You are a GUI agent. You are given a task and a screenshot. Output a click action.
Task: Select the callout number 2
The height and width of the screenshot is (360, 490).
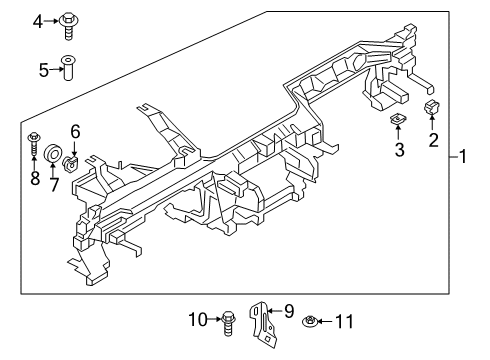pos(434,139)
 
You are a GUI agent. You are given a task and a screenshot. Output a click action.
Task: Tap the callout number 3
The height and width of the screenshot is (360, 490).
pos(398,150)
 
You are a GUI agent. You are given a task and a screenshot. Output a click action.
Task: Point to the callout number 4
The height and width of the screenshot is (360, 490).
pos(38,19)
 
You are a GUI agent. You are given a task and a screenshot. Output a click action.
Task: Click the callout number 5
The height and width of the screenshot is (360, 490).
pos(44,70)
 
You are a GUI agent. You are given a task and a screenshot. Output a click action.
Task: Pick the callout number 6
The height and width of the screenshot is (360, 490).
pos(74,130)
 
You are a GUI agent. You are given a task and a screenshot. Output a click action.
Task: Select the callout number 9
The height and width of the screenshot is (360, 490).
pos(290,310)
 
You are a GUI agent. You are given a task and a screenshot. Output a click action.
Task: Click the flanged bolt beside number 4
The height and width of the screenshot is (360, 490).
pos(70,20)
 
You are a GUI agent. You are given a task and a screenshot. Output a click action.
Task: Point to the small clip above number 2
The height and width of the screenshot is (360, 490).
pos(433,107)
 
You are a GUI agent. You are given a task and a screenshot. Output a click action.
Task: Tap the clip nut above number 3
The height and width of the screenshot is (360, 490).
pos(398,121)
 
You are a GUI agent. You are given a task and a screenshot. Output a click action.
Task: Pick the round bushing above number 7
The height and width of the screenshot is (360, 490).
pos(50,155)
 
